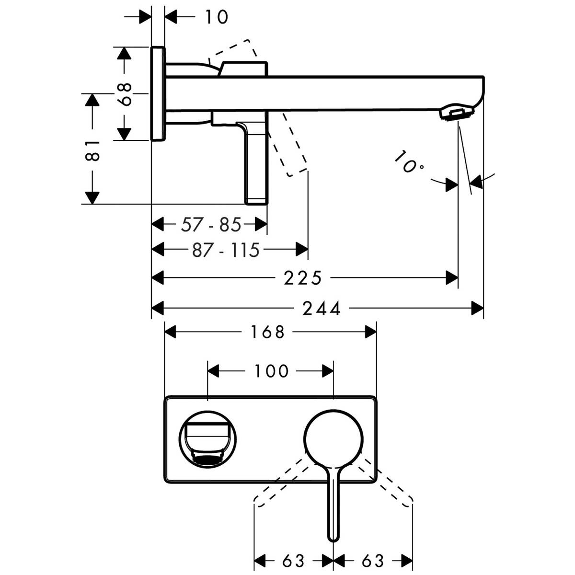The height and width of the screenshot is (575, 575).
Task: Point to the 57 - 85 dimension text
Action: tap(211, 224)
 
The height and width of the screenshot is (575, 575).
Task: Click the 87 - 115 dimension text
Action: tap(225, 250)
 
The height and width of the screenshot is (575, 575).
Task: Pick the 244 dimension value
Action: tap(322, 309)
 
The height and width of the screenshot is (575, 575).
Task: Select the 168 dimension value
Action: tap(267, 332)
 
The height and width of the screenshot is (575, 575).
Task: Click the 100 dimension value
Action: tap(271, 371)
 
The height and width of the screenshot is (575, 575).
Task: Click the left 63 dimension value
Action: tap(293, 560)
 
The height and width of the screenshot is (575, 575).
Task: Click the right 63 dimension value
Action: tap(373, 560)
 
